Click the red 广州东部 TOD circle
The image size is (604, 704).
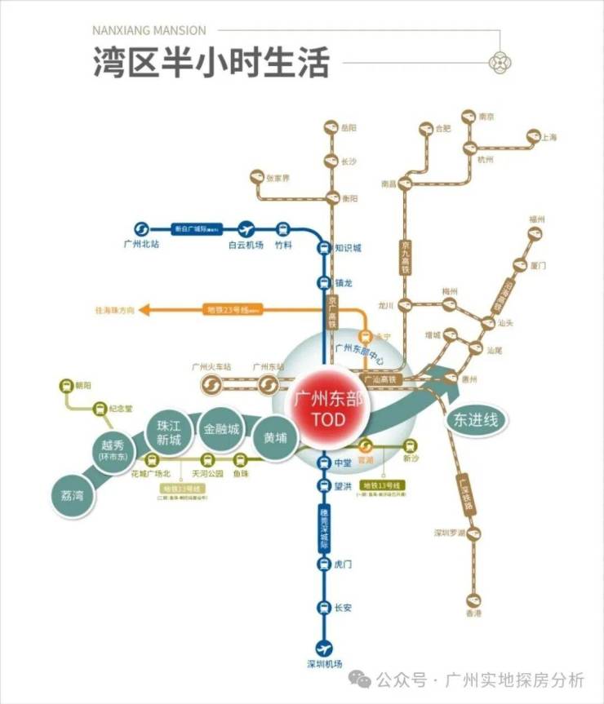(x=331, y=410)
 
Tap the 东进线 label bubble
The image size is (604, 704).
(x=475, y=421)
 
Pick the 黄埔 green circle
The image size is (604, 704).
(x=275, y=437)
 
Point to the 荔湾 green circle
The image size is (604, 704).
(x=73, y=495)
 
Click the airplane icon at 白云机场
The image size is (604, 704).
(x=246, y=229)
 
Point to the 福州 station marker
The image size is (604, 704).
(x=536, y=233)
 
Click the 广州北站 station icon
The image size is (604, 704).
(x=140, y=229)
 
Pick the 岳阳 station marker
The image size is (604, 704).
(x=330, y=128)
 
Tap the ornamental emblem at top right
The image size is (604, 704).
(x=499, y=62)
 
